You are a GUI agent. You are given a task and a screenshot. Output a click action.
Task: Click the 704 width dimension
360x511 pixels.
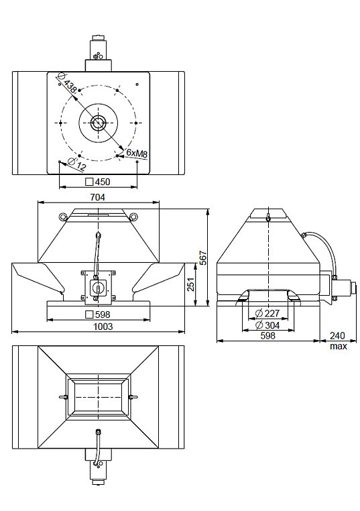coord(98,197)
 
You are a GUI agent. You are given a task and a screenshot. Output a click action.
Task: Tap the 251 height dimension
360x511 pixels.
coord(191,284)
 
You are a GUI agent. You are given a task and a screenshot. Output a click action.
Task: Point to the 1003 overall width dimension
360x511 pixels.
coord(103,326)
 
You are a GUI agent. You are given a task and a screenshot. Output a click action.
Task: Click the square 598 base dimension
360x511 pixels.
coord(98,315)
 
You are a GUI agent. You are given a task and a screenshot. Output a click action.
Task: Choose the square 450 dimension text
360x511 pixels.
coord(98,182)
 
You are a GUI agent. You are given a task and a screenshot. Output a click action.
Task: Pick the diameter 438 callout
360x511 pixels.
coord(68,83)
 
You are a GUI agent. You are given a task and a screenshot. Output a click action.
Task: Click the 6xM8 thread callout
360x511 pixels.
coord(137,152)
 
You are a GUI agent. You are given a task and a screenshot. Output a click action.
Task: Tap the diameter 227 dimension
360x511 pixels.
coord(267,314)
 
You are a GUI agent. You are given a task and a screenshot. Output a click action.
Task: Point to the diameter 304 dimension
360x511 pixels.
coord(267,325)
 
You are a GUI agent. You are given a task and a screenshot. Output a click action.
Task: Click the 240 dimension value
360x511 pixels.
coord(337,335)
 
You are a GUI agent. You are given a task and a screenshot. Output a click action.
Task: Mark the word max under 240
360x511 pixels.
coord(339,346)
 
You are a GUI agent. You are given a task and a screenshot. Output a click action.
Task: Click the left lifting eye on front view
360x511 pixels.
coord(62,217)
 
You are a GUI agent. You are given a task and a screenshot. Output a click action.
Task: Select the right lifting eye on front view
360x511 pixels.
coord(133,217)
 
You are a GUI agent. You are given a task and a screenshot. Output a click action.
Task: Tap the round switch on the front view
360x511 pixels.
coord(97,287)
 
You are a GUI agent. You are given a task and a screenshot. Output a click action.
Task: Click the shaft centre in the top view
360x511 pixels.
coord(97,123)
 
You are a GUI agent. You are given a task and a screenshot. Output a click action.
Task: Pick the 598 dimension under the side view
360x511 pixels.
coord(267,335)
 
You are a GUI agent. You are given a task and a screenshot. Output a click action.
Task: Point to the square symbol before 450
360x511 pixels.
coord(89,182)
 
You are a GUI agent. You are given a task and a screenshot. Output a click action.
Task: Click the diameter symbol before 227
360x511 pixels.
coord(259,314)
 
